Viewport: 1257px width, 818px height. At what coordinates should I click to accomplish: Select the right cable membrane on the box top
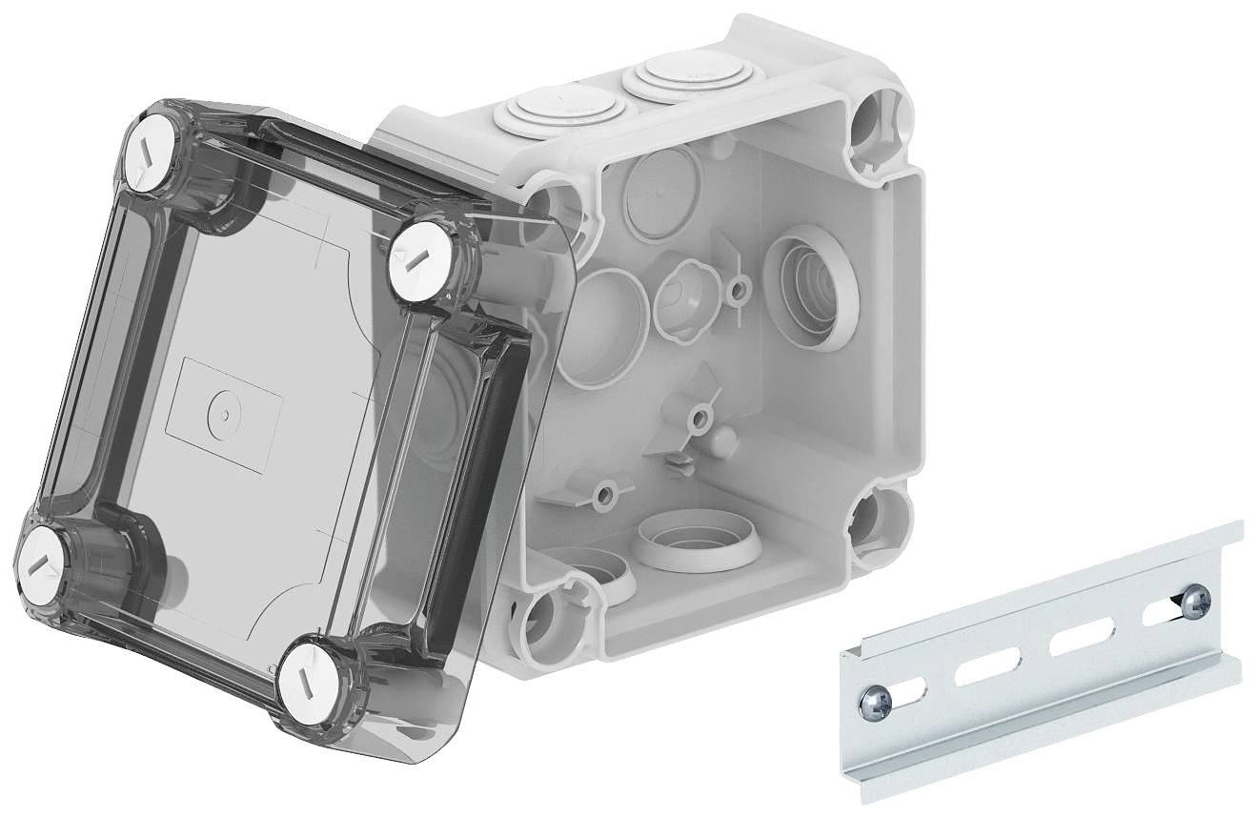[x=671, y=74]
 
